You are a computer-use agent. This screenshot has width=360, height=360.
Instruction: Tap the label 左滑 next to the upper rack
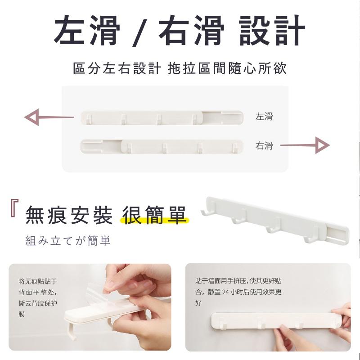click(x=264, y=117)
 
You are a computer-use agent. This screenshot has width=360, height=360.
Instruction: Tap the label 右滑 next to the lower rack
click(x=264, y=145)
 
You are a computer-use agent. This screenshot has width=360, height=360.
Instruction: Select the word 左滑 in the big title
click(x=87, y=31)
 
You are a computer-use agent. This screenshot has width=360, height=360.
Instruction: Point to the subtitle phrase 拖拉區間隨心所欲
click(x=227, y=69)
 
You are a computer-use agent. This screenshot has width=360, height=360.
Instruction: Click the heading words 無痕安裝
click(x=69, y=215)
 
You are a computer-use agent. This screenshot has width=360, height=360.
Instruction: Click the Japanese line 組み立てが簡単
click(x=67, y=241)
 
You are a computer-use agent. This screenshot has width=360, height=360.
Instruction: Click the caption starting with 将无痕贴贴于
click(x=38, y=297)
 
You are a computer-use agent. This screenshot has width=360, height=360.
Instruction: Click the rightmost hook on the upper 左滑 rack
click(x=194, y=119)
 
